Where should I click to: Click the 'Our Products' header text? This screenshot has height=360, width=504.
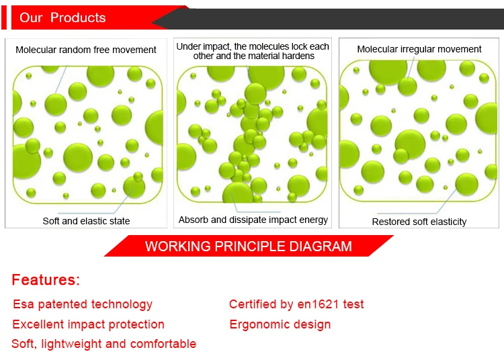(x=62, y=17)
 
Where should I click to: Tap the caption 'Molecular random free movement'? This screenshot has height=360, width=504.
(x=86, y=50)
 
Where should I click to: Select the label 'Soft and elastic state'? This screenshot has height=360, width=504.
(x=86, y=221)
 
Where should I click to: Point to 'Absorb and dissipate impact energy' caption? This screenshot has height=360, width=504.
(x=253, y=220)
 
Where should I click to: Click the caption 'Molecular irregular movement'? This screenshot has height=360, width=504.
(x=419, y=49)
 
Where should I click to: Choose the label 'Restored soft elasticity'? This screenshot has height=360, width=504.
(x=419, y=222)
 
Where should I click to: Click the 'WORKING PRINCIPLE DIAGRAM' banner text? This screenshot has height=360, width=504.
(x=249, y=246)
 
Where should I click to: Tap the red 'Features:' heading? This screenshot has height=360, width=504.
(x=46, y=279)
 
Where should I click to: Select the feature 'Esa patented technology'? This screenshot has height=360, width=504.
(x=83, y=304)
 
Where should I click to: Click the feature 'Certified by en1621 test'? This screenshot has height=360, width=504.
(x=296, y=304)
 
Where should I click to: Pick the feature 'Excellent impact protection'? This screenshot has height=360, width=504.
(x=89, y=324)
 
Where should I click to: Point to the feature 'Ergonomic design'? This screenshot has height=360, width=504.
(x=280, y=324)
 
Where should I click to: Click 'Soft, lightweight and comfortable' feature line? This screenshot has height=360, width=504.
(x=103, y=344)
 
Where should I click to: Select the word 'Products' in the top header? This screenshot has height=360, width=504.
(x=78, y=17)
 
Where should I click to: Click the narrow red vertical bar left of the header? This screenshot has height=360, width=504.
(x=4, y=17)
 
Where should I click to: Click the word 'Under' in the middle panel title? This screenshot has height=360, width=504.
(x=187, y=46)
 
